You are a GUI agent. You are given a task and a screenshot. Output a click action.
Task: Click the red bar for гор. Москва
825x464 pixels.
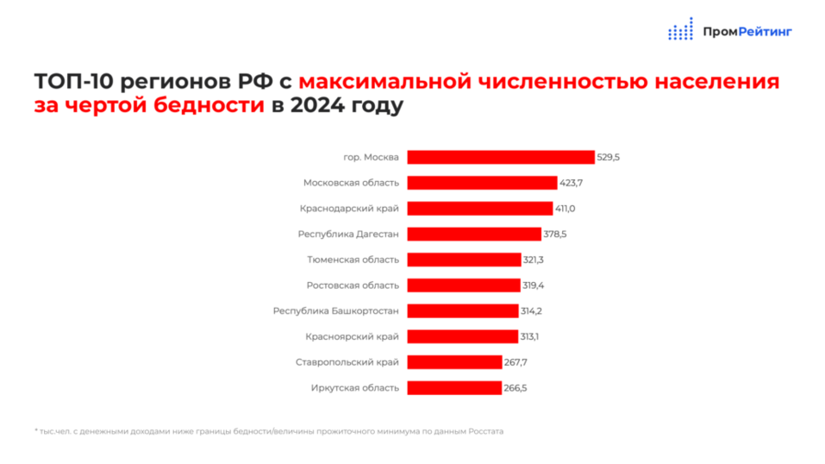point(500,157)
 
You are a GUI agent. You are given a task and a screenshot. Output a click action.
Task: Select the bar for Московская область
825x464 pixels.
point(482,183)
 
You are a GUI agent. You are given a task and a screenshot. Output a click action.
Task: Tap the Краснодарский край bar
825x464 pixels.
point(479,209)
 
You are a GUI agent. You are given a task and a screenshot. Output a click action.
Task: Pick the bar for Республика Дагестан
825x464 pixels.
point(474,234)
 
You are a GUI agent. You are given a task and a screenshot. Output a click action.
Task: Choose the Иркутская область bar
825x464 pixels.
point(454,388)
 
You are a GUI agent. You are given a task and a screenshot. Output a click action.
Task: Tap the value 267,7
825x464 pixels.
point(516,362)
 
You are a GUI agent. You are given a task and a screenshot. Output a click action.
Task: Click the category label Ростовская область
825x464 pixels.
point(353,285)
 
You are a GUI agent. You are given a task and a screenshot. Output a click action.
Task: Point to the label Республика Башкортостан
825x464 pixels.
point(335,310)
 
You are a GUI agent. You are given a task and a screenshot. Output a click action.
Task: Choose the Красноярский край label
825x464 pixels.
point(352,336)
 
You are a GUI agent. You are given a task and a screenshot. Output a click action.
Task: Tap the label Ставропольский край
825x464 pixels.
point(347,362)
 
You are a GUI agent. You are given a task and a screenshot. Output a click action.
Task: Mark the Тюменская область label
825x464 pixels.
point(353,260)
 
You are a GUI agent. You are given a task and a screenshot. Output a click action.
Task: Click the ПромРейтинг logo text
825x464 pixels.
point(747,32)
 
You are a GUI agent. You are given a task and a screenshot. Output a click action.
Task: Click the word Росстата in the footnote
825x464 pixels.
point(487,431)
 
